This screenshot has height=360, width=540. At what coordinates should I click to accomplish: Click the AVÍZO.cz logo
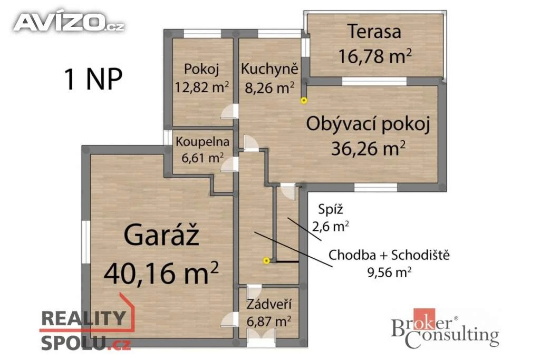(69, 22)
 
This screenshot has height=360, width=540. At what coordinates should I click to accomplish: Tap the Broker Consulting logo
(445, 328)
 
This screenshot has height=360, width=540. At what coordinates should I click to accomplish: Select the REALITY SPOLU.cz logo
(86, 326)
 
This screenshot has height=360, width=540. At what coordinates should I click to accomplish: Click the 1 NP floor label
(93, 79)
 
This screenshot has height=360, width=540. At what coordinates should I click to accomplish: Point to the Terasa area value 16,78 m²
(375, 56)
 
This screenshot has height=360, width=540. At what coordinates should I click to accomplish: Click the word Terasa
(374, 31)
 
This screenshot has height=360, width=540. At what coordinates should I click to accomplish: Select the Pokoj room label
(201, 69)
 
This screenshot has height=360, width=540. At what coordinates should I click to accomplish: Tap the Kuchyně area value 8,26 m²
(269, 88)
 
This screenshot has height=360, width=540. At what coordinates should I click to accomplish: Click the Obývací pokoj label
(368, 124)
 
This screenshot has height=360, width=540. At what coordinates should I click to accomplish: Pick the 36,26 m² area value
(368, 149)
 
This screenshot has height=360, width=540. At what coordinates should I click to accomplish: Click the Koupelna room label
(202, 142)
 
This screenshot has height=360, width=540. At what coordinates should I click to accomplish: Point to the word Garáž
(161, 235)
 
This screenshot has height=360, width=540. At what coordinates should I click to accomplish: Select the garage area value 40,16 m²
(161, 272)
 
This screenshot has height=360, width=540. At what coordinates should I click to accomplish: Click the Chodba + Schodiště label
(389, 255)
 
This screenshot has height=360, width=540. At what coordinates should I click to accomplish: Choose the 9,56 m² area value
(389, 273)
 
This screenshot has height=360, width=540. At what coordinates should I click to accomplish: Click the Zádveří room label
(269, 305)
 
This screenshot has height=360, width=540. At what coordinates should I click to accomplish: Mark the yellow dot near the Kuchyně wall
(303, 101)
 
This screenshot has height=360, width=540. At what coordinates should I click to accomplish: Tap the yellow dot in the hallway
(266, 261)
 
